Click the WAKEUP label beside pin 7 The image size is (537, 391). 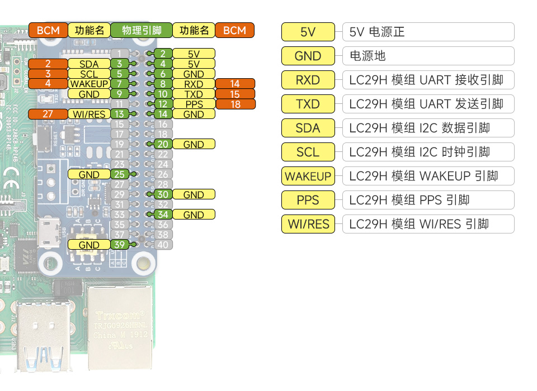(x=89, y=84)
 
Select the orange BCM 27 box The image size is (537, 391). (x=48, y=114)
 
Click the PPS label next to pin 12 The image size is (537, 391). (x=194, y=104)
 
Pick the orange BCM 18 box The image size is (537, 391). (x=235, y=104)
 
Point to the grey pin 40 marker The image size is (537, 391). (x=163, y=245)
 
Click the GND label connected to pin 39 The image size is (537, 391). (x=89, y=245)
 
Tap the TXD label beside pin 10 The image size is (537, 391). (x=194, y=94)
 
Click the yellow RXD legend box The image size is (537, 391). (x=308, y=80)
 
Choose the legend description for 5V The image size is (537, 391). (x=428, y=32)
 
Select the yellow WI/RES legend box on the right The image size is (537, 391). (x=308, y=224)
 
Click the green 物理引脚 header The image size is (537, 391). (x=142, y=30)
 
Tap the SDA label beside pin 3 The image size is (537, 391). (x=89, y=64)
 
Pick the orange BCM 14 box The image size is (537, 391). (x=235, y=84)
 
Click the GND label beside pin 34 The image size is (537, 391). (x=194, y=214)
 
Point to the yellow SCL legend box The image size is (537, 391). (x=308, y=152)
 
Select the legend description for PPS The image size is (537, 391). (x=428, y=200)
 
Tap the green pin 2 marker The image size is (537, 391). (x=163, y=54)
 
